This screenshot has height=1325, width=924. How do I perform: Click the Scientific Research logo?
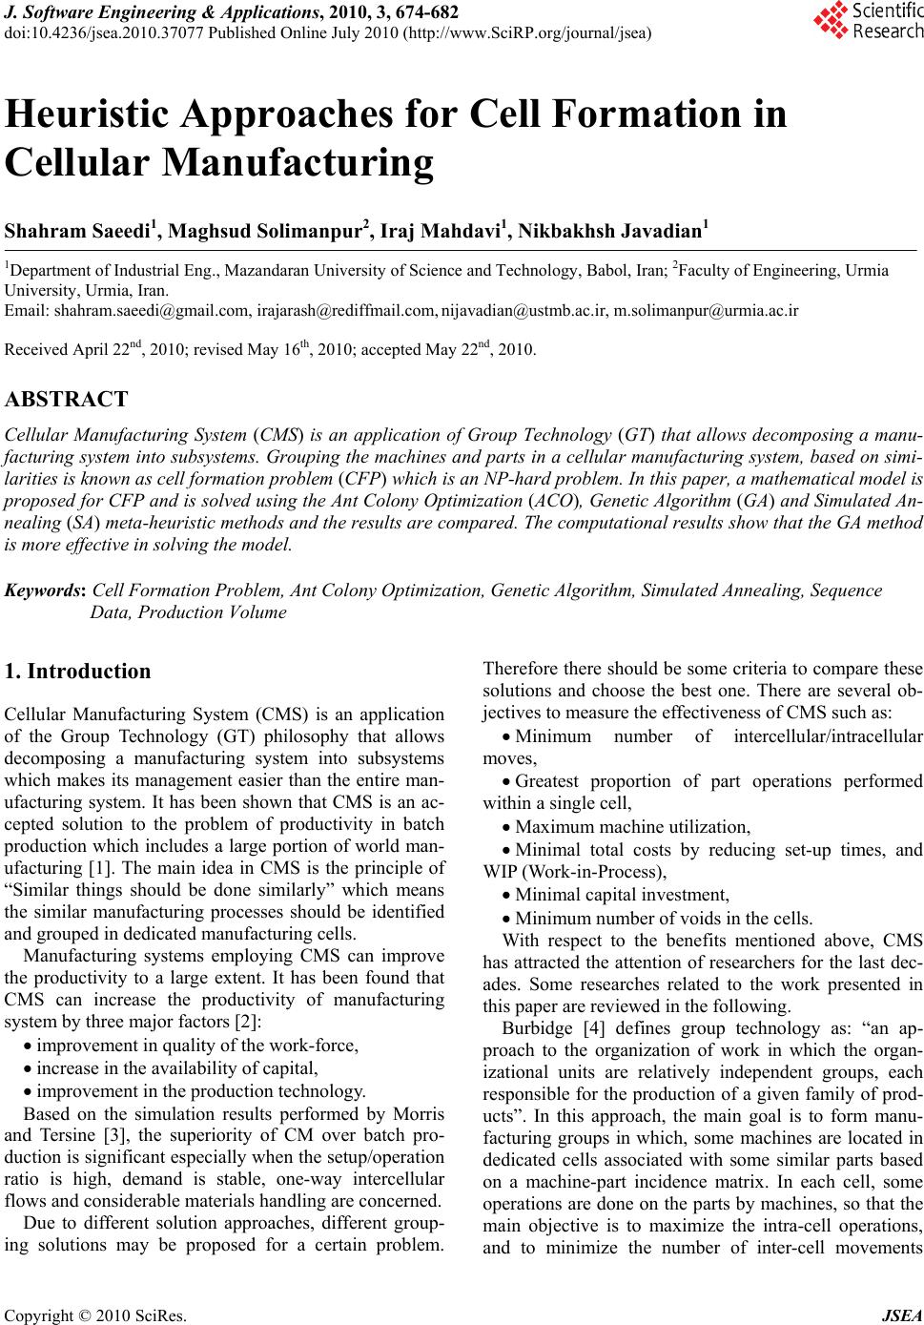point(869,21)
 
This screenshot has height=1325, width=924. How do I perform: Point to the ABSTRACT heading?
point(67,399)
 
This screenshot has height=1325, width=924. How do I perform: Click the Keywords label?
point(47,590)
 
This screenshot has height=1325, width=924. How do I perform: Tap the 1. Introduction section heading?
point(78,672)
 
